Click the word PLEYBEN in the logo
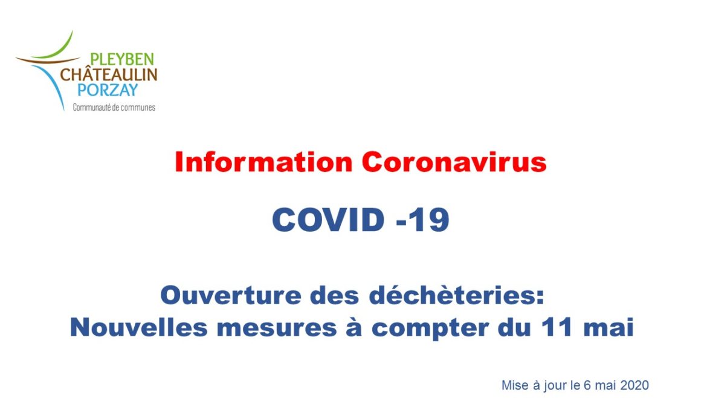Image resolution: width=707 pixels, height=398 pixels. pyautogui.click(x=121, y=59)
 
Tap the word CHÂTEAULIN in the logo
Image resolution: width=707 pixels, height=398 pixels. pyautogui.click(x=109, y=74)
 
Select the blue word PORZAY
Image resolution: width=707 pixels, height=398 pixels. pyautogui.click(x=108, y=90)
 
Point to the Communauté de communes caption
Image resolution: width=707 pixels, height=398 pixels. pyautogui.click(x=114, y=108)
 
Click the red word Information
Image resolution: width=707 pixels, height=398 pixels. pyautogui.click(x=264, y=162)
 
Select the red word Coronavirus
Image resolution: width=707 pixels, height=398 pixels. pyautogui.click(x=454, y=162)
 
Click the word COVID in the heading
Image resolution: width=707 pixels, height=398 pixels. pyautogui.click(x=328, y=220)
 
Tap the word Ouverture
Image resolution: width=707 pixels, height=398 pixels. pyautogui.click(x=231, y=296)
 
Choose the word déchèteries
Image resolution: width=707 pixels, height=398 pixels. pyautogui.click(x=456, y=296)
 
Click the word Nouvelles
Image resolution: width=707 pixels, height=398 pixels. pyautogui.click(x=139, y=328)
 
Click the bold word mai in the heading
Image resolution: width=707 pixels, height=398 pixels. pyautogui.click(x=609, y=328)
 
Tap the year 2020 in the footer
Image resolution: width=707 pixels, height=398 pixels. pyautogui.click(x=634, y=385)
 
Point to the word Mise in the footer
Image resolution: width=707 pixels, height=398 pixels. pyautogui.click(x=515, y=385)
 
